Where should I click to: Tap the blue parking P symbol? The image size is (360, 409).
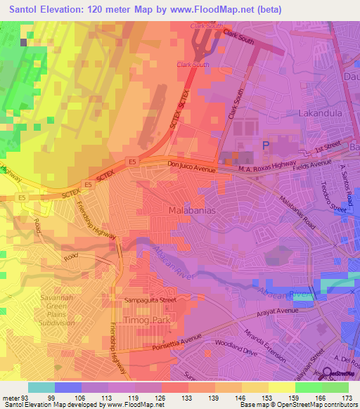pyautogui.click(x=265, y=145)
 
